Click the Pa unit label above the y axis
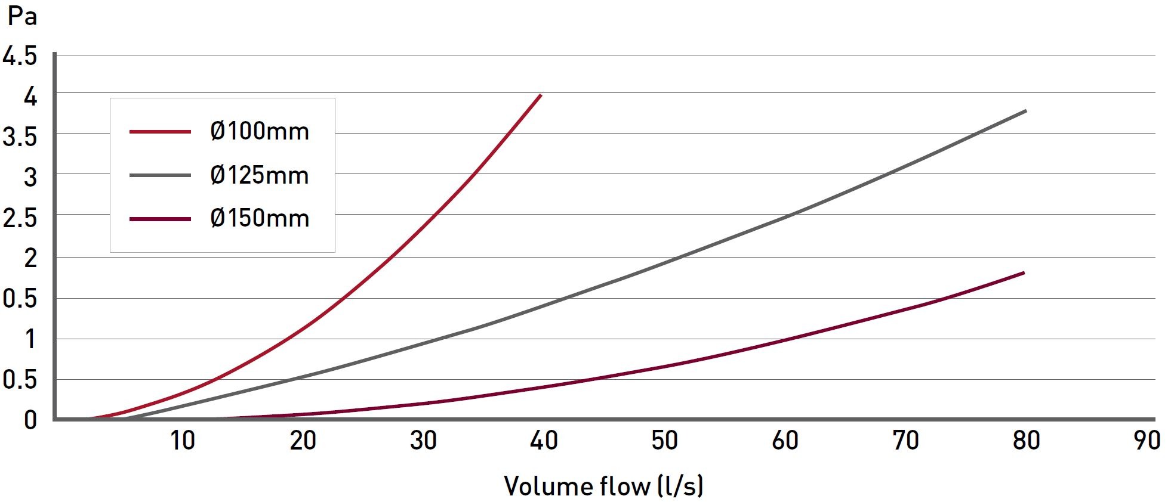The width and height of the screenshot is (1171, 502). (x=23, y=16)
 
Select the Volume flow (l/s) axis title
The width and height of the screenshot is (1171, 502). (x=603, y=486)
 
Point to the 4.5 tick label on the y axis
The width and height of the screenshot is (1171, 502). (x=20, y=57)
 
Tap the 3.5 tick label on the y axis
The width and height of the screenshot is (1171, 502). (x=20, y=137)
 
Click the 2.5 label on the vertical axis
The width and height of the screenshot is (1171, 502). (x=20, y=218)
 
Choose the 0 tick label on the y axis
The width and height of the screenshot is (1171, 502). (x=30, y=420)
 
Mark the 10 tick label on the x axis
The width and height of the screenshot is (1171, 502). (x=183, y=441)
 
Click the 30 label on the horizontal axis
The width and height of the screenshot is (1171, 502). (x=423, y=441)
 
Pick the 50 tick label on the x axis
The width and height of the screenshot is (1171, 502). (x=664, y=441)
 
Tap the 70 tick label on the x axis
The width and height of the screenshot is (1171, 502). (x=905, y=441)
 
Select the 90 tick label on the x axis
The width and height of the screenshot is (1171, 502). (x=1147, y=441)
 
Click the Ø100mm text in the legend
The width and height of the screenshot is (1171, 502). (x=260, y=131)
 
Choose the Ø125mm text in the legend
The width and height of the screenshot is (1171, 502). (x=260, y=175)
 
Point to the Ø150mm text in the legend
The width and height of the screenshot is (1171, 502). (x=260, y=218)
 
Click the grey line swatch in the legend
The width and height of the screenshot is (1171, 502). (x=160, y=175)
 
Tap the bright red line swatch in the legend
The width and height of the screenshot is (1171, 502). (x=160, y=131)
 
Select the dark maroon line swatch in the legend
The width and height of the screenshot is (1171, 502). (x=160, y=219)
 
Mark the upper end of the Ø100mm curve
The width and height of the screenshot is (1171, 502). (x=541, y=95)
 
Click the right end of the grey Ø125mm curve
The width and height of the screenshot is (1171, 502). (x=1025, y=111)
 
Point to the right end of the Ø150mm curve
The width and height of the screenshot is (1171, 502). (x=1024, y=273)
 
